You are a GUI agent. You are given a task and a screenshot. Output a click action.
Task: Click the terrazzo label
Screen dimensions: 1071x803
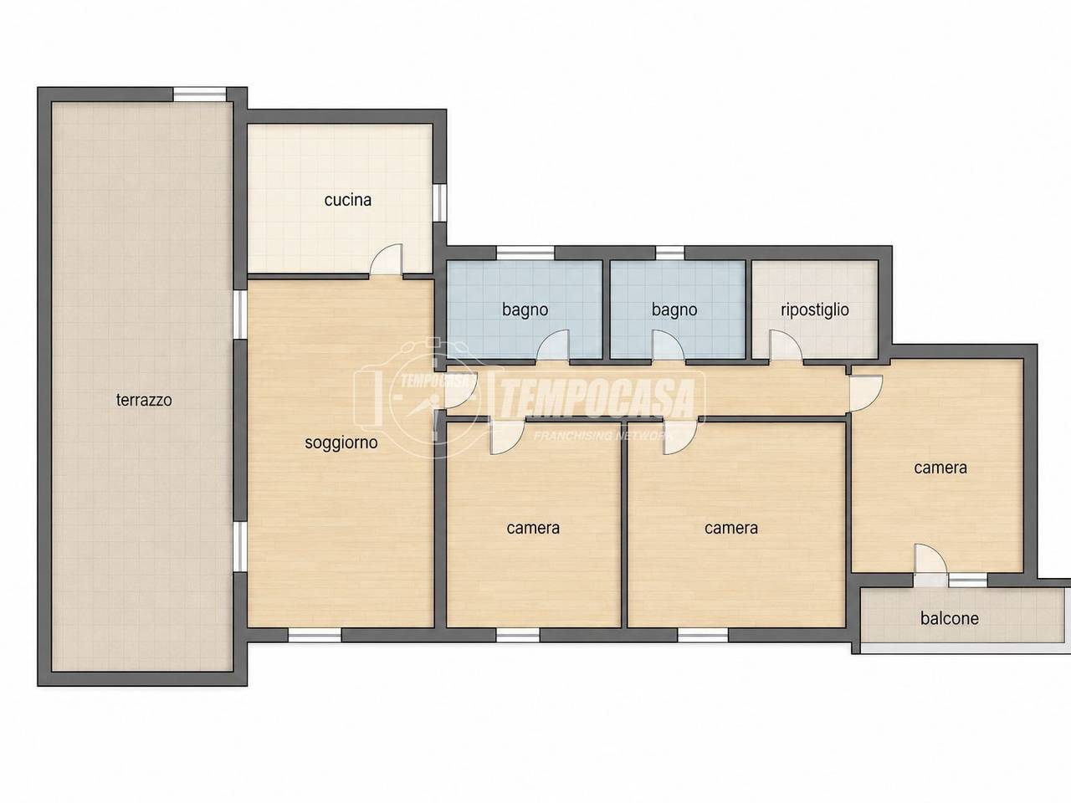tap(144, 401)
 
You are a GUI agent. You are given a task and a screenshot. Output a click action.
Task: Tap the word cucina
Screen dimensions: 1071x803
tap(348, 200)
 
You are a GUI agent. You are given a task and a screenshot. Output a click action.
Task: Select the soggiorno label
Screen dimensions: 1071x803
tap(341, 443)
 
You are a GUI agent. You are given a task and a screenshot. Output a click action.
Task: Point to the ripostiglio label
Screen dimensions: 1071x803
tap(815, 309)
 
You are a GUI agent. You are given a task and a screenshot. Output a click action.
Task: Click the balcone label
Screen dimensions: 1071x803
tap(950, 619)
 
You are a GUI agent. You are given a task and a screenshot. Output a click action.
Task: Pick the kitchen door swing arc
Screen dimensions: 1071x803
tap(387, 259)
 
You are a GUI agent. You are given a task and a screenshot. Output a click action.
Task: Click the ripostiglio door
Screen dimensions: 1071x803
tap(786, 345)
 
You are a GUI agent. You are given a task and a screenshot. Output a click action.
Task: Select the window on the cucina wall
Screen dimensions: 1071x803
tap(440, 202)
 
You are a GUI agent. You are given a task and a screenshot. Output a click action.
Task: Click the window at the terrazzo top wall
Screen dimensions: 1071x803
tap(200, 94)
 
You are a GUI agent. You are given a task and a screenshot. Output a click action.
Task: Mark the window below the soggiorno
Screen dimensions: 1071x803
tap(315, 635)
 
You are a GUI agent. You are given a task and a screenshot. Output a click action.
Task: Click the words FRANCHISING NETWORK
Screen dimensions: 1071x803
tap(603, 436)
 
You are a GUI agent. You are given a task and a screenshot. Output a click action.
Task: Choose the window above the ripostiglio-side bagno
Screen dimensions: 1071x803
tap(669, 253)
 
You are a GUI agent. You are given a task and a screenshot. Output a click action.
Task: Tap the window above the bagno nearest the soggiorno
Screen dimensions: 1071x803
tap(525, 253)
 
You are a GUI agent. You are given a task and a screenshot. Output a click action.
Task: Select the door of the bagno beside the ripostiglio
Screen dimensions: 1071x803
tap(669, 346)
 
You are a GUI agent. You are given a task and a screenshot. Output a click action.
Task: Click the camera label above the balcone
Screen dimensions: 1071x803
tap(940, 468)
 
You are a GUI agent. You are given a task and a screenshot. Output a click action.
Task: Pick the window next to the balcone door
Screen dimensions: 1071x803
tap(968, 581)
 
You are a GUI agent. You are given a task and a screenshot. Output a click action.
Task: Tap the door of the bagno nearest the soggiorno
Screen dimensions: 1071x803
tap(553, 346)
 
